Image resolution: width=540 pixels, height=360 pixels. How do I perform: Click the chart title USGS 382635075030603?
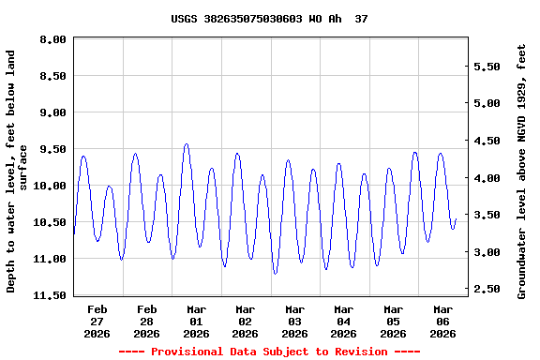click(x=269, y=19)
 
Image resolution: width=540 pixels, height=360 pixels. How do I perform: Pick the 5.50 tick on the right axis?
click(x=490, y=67)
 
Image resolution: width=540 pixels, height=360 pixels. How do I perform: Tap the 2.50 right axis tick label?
click(x=490, y=290)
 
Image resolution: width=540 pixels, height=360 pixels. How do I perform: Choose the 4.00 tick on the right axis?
click(x=490, y=178)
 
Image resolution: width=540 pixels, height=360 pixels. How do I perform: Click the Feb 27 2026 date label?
click(x=97, y=321)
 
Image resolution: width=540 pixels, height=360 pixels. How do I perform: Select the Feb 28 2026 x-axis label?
click(x=147, y=321)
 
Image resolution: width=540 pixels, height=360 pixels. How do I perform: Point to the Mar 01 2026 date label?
click(x=196, y=321)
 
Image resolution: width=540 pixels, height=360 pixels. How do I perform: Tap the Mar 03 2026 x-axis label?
click(x=294, y=321)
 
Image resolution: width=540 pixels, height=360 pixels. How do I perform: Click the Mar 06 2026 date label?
click(x=442, y=321)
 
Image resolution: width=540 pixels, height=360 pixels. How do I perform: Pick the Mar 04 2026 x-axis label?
click(x=344, y=321)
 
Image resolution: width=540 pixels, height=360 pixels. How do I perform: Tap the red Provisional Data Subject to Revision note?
click(x=269, y=352)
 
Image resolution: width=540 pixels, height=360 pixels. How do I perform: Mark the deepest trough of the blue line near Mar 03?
click(x=276, y=273)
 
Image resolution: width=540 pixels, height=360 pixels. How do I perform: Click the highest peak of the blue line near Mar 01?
click(x=187, y=143)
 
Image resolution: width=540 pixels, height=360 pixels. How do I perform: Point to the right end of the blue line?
click(x=456, y=219)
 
